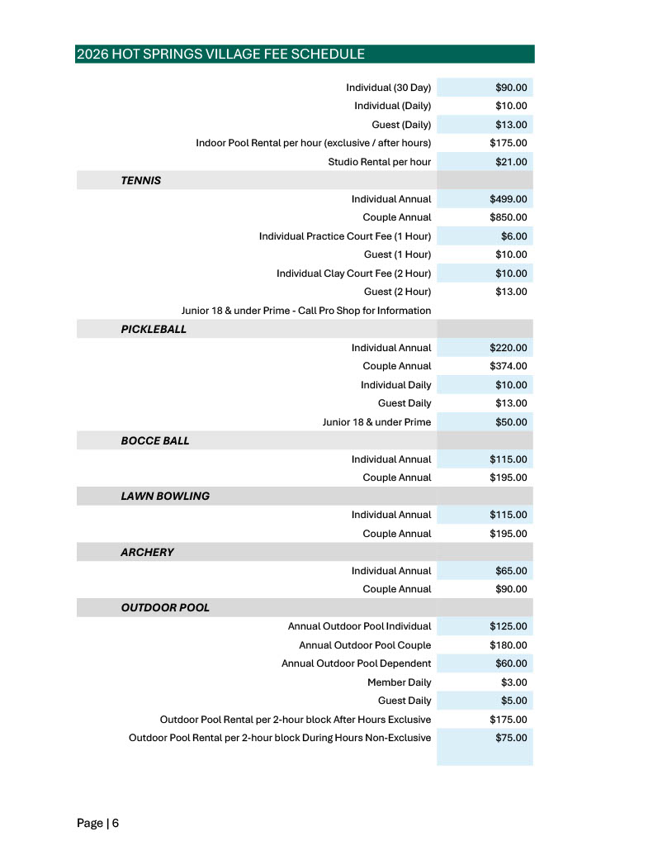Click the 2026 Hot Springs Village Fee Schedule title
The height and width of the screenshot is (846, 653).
220,55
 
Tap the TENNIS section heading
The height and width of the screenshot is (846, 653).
141,180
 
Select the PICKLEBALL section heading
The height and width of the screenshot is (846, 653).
154,329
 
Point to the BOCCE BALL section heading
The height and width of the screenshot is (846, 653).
155,440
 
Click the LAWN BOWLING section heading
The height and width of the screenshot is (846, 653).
165,496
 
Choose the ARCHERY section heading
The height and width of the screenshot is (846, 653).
147,552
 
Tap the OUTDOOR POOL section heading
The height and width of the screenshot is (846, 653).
165,607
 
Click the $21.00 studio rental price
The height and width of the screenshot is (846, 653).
511,162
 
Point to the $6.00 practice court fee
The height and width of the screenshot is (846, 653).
513,236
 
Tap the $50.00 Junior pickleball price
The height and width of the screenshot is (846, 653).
511,422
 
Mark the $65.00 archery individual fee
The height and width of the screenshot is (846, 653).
511,571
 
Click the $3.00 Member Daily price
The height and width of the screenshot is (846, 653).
513,682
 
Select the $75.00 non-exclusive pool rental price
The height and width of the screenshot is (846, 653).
511,738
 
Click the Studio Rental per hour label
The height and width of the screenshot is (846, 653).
379,162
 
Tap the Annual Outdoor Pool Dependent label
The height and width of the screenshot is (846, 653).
356,663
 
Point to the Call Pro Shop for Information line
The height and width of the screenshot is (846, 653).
306,311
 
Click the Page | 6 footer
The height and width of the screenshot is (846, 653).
98,823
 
